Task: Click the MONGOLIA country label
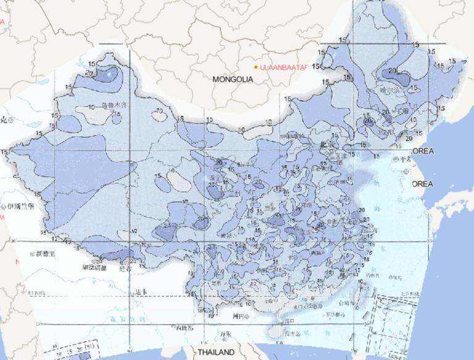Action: (x=233, y=80)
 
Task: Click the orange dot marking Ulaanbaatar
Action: (x=256, y=66)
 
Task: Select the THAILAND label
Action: (x=216, y=352)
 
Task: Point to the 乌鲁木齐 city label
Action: (x=114, y=105)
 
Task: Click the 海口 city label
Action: (x=289, y=321)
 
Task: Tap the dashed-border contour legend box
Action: (x=77, y=349)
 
